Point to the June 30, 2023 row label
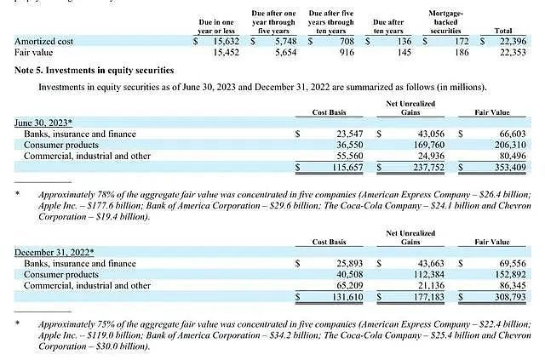[43, 122]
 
